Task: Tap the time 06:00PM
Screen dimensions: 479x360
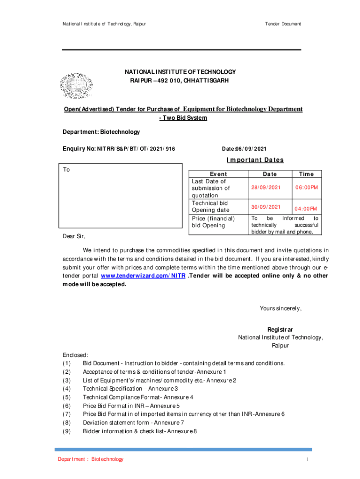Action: click(306, 188)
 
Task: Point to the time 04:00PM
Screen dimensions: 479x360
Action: click(306, 209)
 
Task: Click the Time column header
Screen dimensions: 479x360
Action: click(306, 174)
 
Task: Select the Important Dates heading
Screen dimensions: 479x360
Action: click(255, 160)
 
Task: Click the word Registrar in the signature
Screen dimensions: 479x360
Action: click(280, 329)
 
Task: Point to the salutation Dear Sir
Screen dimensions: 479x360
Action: click(74, 236)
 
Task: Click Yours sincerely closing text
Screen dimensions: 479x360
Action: click(281, 308)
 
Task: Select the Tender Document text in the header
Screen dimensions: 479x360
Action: click(283, 24)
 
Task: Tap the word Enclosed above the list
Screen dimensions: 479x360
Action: click(75, 355)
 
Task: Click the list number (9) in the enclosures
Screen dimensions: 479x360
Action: click(66, 431)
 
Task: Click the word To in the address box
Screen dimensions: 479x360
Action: click(66, 170)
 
